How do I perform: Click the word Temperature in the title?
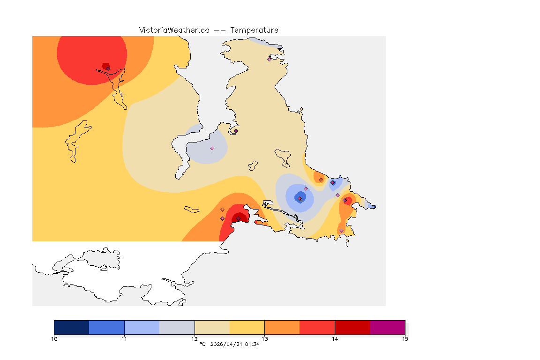coord(255,30)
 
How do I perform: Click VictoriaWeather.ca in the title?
coord(174,30)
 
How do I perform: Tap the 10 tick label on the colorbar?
coord(54,338)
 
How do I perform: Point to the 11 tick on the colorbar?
coord(124,338)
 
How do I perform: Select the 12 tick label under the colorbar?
coord(195,338)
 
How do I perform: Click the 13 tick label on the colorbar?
coord(265,338)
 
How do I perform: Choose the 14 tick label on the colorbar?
coord(335,338)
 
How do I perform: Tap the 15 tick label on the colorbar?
coord(405,338)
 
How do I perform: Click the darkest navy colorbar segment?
coord(71,327)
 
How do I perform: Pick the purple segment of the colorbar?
coord(387,327)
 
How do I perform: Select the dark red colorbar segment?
coord(352,327)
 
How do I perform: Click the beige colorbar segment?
coord(212,327)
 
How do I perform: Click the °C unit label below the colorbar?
coord(202,345)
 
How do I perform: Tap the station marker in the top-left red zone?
coord(108,68)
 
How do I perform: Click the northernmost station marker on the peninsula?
coord(270,59)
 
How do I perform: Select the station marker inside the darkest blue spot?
coord(300,199)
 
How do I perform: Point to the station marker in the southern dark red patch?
coord(238,218)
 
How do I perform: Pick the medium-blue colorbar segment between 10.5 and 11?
coord(106,327)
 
